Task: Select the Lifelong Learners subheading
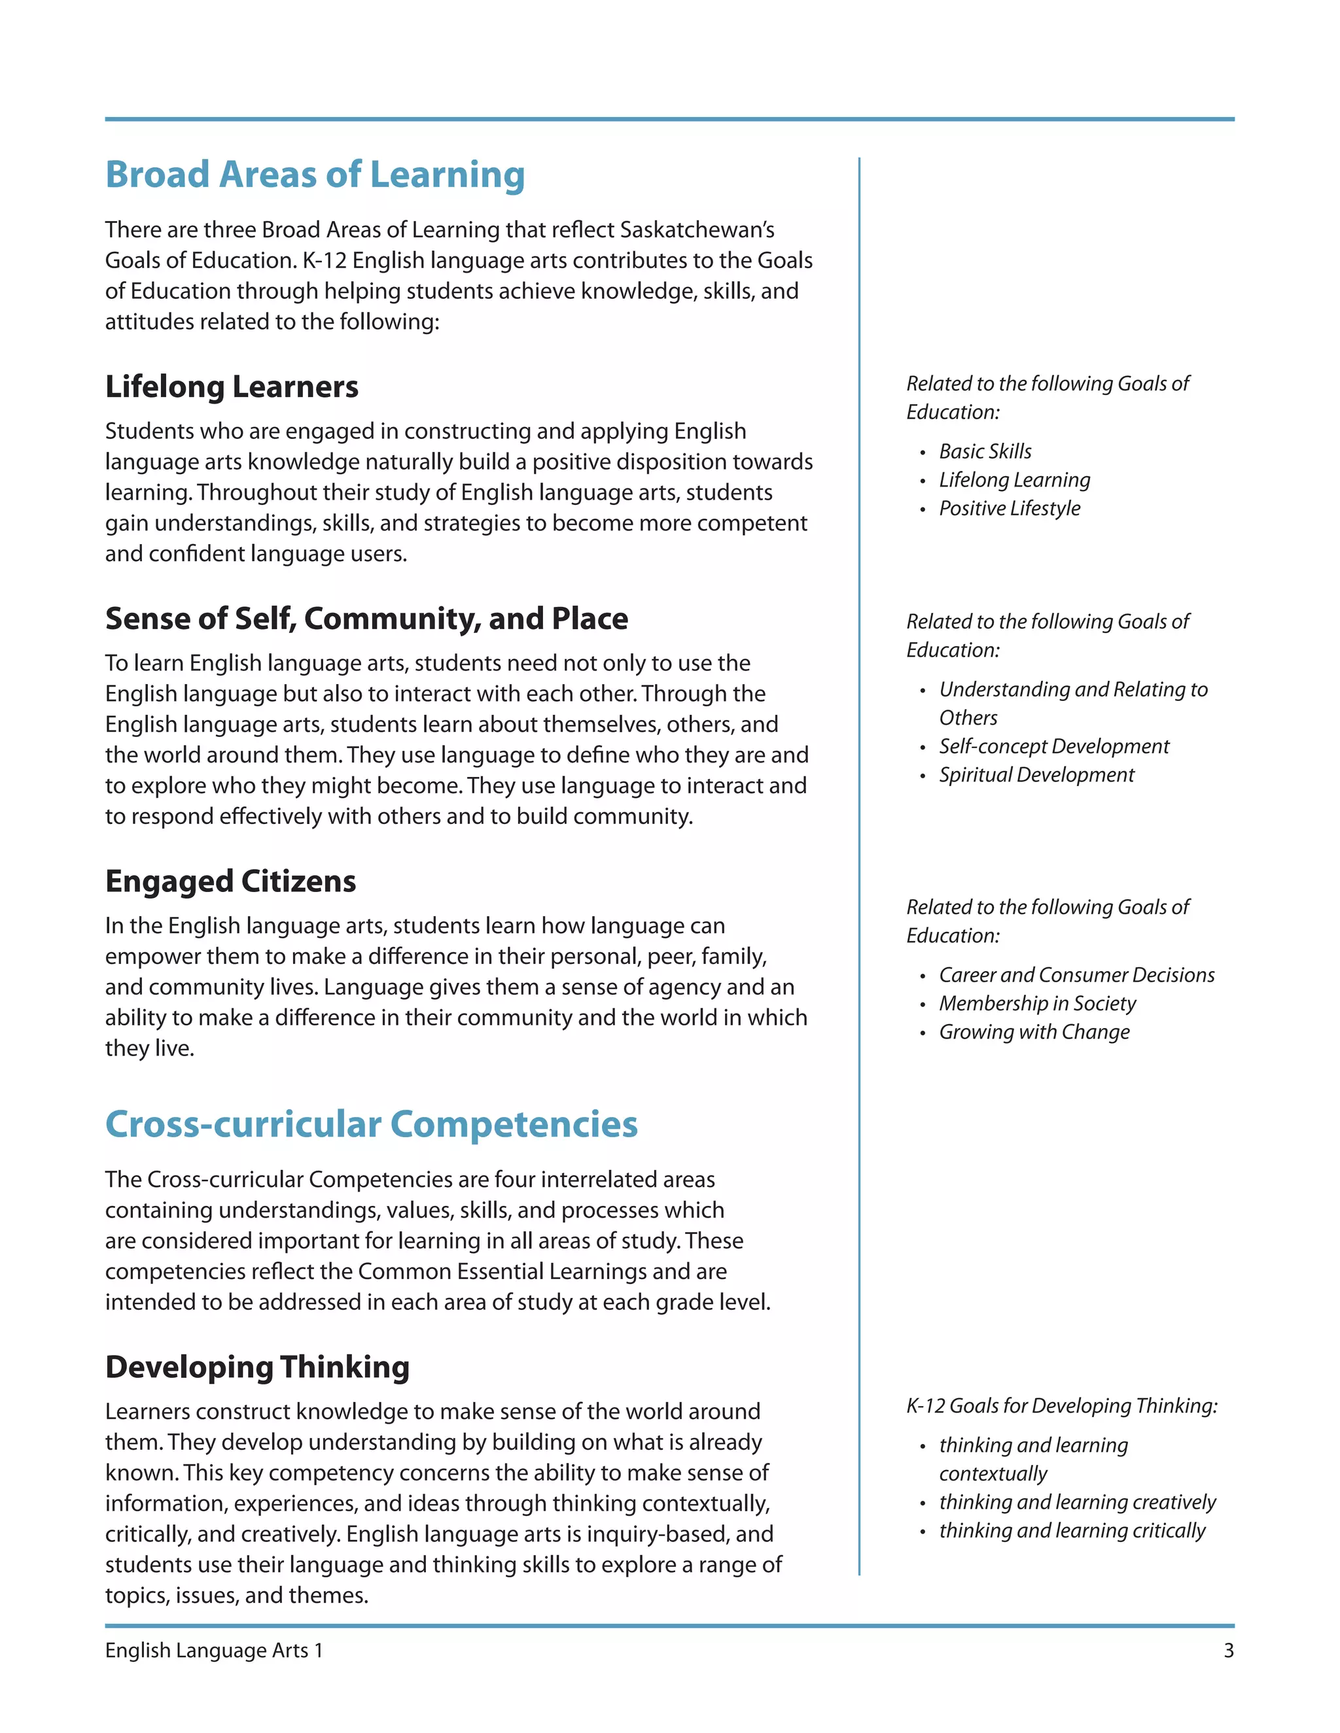232,386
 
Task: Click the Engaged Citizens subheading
230,881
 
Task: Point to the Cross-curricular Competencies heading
371,1124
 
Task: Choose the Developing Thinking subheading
257,1366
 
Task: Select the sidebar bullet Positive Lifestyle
1009,508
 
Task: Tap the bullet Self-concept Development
1053,746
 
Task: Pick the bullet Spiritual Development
1036,774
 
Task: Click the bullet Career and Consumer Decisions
1076,974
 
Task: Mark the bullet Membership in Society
1037,1003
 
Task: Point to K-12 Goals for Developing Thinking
1061,1405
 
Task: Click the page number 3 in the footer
1228,1651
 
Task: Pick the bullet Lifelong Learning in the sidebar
1014,479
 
